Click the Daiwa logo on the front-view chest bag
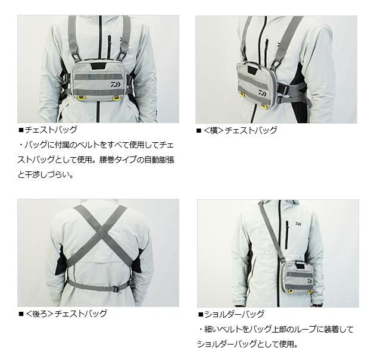click(116, 84)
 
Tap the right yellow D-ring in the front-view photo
click(116, 98)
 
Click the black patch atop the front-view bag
click(97, 66)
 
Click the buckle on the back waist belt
click(116, 289)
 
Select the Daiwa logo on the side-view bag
click(263, 93)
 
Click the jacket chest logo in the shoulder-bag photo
click(298, 224)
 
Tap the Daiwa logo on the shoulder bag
click(310, 281)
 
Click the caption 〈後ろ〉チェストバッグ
click(66, 314)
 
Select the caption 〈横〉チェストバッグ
click(240, 130)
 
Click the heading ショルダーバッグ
click(234, 314)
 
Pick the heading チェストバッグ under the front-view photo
click(51, 130)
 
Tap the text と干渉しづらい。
click(45, 175)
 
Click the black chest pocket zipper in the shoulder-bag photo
click(287, 235)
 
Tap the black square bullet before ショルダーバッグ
click(201, 315)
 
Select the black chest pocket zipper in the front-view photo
click(110, 47)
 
